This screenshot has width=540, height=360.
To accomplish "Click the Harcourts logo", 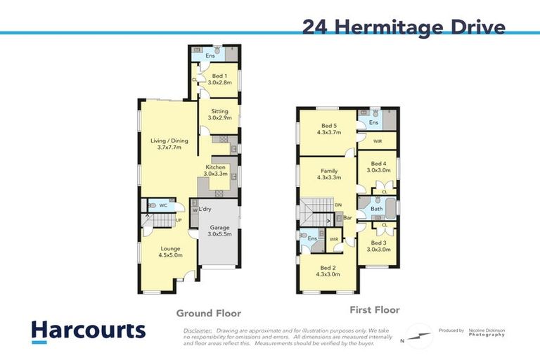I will point(88,331).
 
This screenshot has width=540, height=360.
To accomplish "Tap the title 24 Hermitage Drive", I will point(404,27).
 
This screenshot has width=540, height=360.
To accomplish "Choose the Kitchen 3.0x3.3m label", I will point(215,170).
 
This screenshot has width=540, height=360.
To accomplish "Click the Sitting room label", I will point(219,115).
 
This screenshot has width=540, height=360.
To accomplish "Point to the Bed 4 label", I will point(378,167).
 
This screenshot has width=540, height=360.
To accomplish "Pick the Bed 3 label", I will point(378,245).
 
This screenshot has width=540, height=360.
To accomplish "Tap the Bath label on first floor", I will point(376,209).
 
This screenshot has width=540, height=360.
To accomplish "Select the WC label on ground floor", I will point(162,205).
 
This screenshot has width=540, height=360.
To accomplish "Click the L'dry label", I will point(205,210).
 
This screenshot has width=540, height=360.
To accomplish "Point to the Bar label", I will point(347,218).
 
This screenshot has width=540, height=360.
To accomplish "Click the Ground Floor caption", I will point(208,314).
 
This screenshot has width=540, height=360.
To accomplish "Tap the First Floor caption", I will point(374,309).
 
